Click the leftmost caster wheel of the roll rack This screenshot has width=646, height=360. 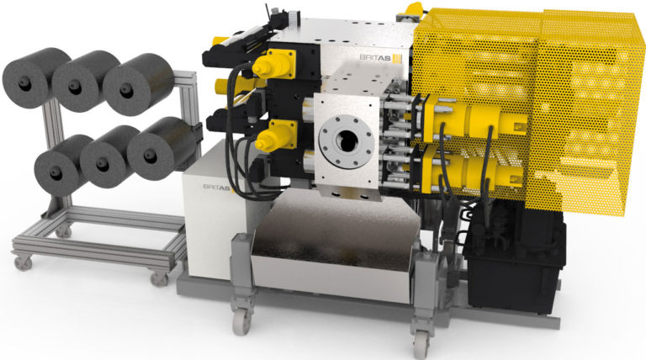tap(23, 262)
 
